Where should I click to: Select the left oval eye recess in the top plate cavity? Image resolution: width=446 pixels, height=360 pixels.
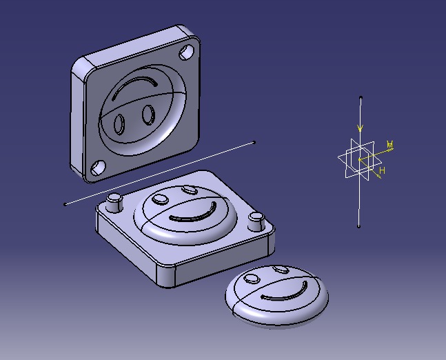[x=119, y=123]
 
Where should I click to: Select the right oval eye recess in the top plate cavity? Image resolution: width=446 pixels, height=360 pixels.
[x=148, y=113]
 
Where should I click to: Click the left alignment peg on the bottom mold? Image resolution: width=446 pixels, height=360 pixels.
[x=114, y=202]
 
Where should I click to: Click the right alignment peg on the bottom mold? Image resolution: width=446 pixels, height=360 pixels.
[x=256, y=221]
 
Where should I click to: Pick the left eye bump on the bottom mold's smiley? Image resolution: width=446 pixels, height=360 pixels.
[x=160, y=199]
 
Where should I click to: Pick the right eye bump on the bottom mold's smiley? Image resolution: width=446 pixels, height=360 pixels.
[x=189, y=188]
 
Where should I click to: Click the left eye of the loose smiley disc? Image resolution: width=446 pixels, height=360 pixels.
[x=252, y=279]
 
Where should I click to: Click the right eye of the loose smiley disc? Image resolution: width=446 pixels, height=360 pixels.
[x=280, y=269]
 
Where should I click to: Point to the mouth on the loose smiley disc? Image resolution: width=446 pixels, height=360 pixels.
[x=285, y=294]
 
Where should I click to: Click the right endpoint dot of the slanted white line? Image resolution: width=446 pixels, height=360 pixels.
[x=254, y=143]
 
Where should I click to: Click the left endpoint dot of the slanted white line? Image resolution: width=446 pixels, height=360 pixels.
[x=65, y=203]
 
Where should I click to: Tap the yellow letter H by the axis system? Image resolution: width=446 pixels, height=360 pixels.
[x=382, y=170]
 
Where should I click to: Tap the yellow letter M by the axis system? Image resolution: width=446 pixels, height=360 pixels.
[x=390, y=145]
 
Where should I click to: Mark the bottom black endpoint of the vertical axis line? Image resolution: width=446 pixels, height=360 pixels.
[x=359, y=226]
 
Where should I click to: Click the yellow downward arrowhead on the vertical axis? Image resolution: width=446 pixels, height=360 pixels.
[x=360, y=128]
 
